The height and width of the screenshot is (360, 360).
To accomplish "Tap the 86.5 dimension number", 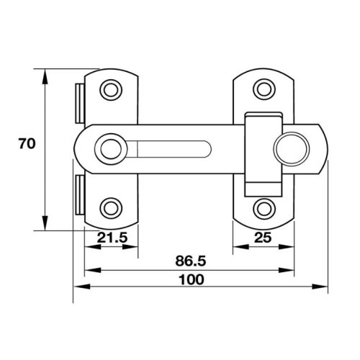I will pyautogui.click(x=190, y=261).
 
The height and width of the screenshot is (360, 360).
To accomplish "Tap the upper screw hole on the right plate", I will pyautogui.click(x=264, y=89).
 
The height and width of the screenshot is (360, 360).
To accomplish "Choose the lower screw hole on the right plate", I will pyautogui.click(x=264, y=207).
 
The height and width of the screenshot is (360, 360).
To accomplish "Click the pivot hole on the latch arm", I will pyautogui.click(x=110, y=148).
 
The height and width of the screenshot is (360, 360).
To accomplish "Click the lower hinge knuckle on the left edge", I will pyautogui.click(x=78, y=195).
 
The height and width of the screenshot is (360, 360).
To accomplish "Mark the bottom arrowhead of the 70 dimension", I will pyautogui.click(x=45, y=225).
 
